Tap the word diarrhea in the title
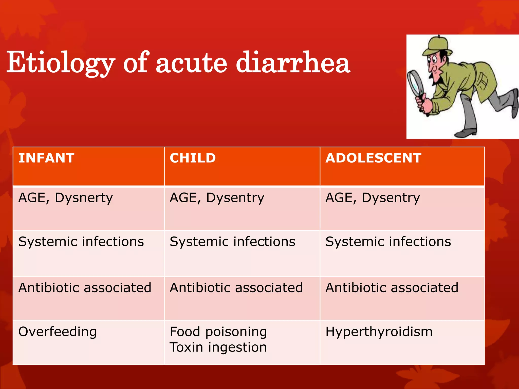coord(293,62)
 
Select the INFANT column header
coord(46,158)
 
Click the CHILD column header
coord(193,158)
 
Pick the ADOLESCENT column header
coord(373,158)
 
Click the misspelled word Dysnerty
coord(84,198)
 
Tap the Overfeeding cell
coord(58,332)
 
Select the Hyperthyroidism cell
coord(379,332)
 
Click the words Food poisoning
coord(218,332)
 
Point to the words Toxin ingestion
coord(218,347)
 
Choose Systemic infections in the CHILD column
coord(232,242)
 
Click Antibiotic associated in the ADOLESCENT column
coord(392,288)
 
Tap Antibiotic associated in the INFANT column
coord(85,288)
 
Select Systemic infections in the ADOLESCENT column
coord(388,242)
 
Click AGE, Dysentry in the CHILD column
coord(217,198)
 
